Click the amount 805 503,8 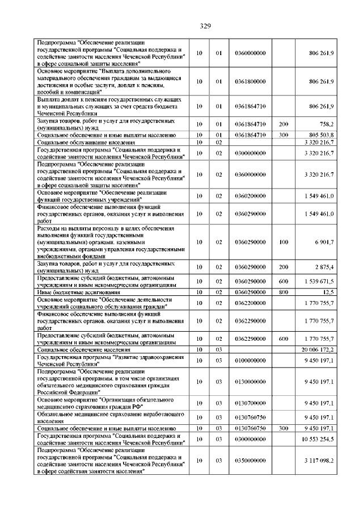(319, 135)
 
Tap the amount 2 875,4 (324, 267)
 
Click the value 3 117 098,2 (318, 460)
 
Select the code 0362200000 (250, 302)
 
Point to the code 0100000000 (250, 361)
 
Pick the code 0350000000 (250, 460)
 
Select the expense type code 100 (284, 242)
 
